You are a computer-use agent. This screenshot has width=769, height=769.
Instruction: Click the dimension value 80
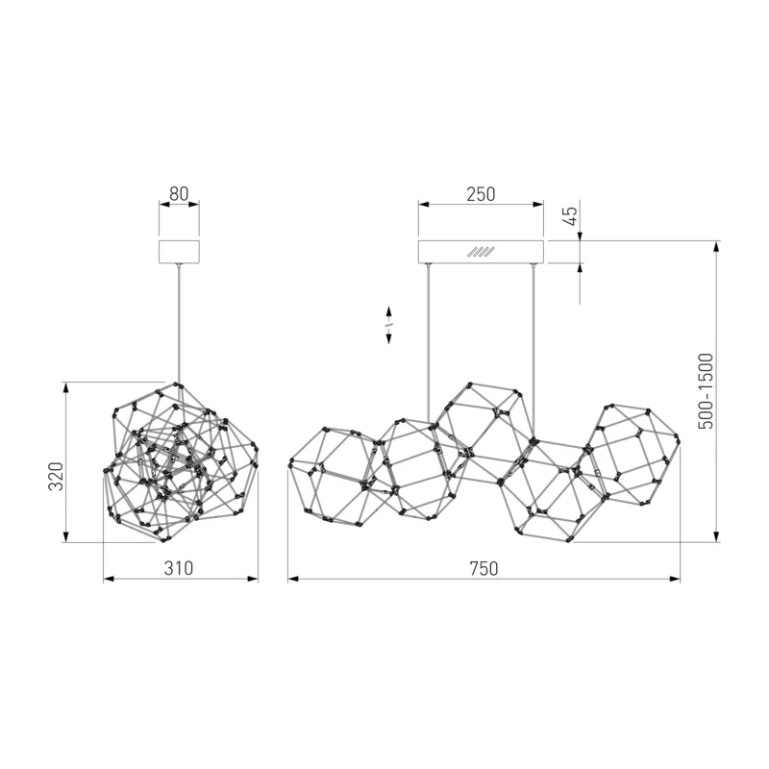coord(179,194)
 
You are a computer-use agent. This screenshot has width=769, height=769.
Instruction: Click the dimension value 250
coord(481,194)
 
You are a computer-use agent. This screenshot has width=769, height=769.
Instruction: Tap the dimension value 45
coord(571,215)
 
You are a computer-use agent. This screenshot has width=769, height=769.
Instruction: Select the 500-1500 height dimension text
coord(706,391)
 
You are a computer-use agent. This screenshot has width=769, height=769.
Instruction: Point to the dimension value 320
coord(56,476)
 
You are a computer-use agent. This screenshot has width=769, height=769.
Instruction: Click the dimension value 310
coord(179,568)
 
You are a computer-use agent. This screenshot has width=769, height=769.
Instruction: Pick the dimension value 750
coord(484,568)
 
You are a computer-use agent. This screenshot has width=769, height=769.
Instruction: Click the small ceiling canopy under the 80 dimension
coord(179,252)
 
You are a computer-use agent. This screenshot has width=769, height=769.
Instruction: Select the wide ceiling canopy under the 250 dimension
coord(481,252)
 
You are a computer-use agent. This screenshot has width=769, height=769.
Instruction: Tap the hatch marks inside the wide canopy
coord(481,252)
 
